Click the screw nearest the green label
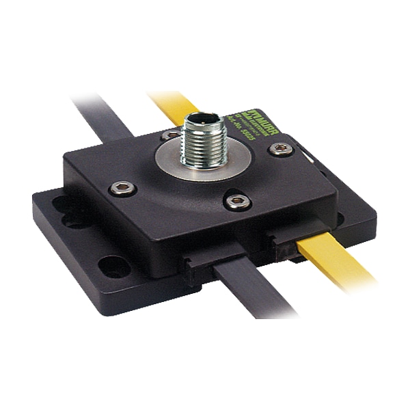pyautogui.click(x=278, y=148)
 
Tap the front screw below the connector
pyautogui.click(x=236, y=200)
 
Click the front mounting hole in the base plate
pyautogui.click(x=113, y=266)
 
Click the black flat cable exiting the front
pyautogui.click(x=253, y=294)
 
